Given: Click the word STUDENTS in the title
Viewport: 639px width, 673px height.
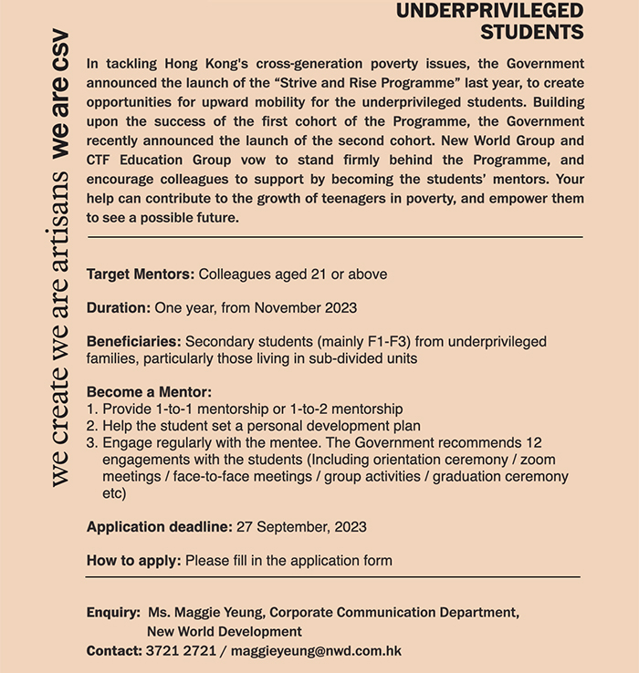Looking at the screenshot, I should click(531, 33).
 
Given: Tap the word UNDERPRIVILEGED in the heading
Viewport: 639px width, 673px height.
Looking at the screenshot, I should click(490, 11).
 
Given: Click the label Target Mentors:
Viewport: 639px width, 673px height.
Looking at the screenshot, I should click(141, 274).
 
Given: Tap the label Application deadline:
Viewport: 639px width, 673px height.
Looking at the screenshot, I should click(160, 526).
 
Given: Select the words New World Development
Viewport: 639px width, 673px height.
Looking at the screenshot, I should click(225, 631).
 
